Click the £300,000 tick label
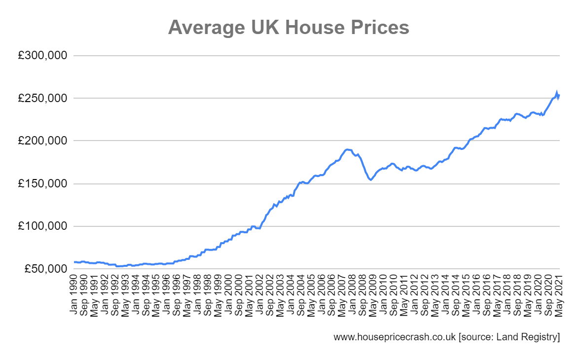pos(42,56)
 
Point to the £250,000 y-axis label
pos(42,99)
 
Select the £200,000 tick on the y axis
pos(42,141)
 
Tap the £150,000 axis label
pos(42,184)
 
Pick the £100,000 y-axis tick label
pos(42,226)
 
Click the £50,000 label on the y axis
pos(45,269)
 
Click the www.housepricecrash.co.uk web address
pos(394,337)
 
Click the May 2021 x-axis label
pos(559,295)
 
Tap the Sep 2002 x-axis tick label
pos(270,295)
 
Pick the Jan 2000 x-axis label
pos(228,295)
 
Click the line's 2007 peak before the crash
pos(347,149)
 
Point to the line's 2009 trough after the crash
pos(370,180)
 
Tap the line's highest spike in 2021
pos(557,93)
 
